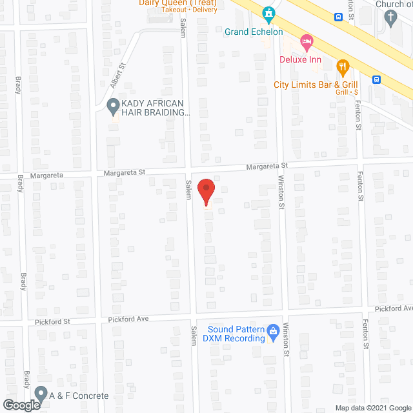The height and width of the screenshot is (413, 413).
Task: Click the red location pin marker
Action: pos(206,192)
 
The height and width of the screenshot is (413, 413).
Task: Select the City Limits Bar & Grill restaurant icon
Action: pos(343,65)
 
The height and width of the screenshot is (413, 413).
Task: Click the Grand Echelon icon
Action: pos(268,13)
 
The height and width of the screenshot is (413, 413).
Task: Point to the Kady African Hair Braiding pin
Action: pos(113,105)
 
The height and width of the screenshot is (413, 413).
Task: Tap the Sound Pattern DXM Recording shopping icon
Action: pos(273,330)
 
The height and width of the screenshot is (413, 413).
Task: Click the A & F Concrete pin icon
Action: pos(41,392)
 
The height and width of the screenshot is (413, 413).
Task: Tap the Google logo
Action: pos(21,405)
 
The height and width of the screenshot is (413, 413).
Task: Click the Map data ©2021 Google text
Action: pos(372,408)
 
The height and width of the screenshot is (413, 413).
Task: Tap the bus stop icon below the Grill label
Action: pos(376,80)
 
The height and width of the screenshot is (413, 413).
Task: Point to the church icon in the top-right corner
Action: pos(390,19)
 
